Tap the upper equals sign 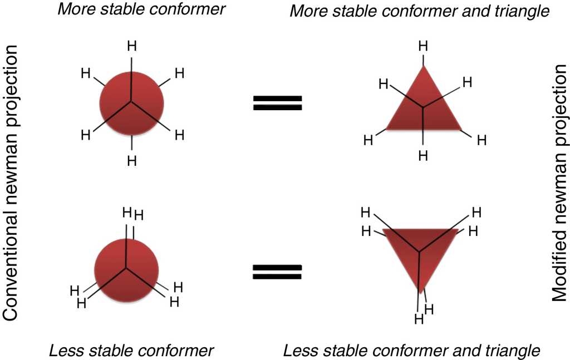click(x=278, y=102)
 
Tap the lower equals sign click(x=278, y=271)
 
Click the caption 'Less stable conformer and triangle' click(x=411, y=351)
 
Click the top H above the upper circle click(x=132, y=46)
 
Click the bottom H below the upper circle click(x=132, y=161)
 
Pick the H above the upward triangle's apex click(x=424, y=47)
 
